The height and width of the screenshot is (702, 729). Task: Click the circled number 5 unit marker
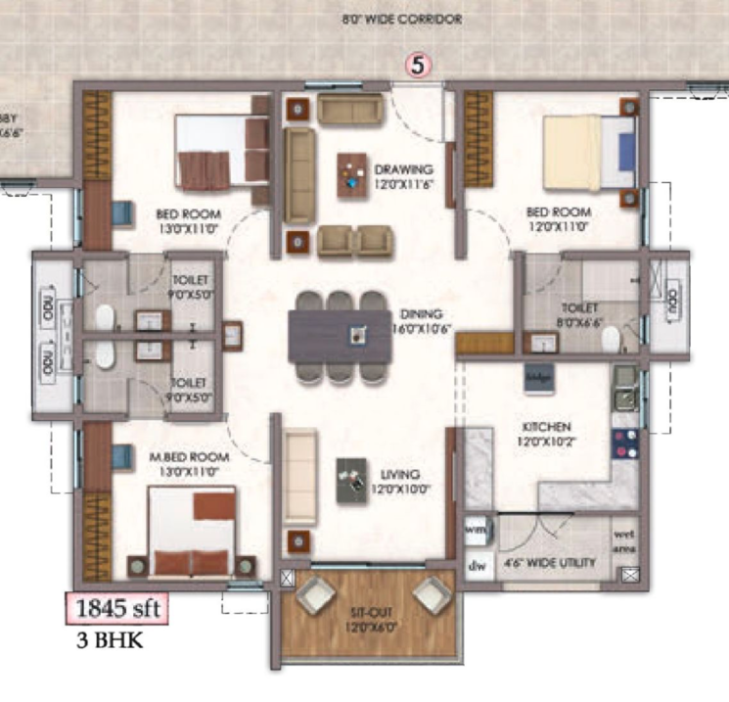pyautogui.click(x=419, y=67)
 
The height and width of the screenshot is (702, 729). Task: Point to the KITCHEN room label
pyautogui.click(x=546, y=427)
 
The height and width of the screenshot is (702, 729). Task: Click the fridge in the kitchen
pyautogui.click(x=540, y=377)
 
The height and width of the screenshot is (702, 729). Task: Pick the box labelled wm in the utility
pyautogui.click(x=477, y=529)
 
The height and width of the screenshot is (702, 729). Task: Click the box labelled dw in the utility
pyautogui.click(x=477, y=565)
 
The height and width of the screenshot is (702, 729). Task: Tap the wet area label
pyautogui.click(x=624, y=540)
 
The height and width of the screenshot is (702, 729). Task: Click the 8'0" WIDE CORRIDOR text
pyautogui.click(x=401, y=19)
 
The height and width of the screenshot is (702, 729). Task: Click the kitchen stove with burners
pyautogui.click(x=624, y=445)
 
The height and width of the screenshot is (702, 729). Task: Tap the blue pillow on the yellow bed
pyautogui.click(x=625, y=150)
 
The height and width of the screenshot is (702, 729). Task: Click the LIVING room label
pyautogui.click(x=401, y=474)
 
